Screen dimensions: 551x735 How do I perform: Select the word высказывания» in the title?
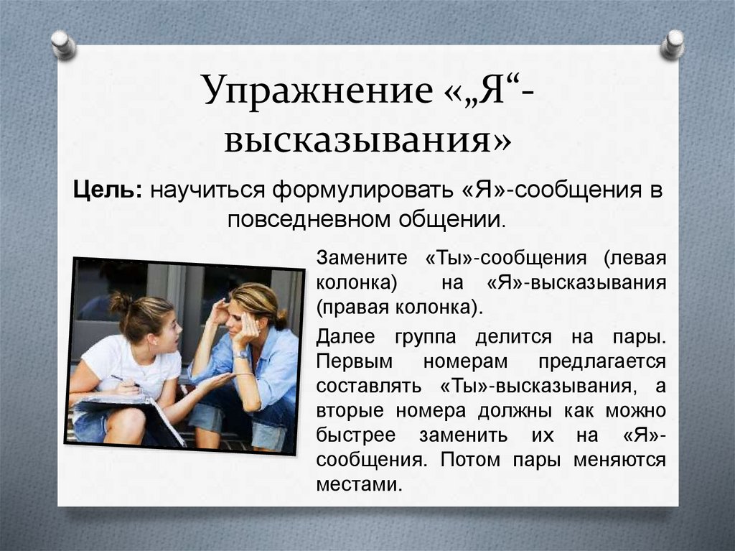point(367,140)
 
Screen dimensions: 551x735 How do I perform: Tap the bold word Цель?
point(109,191)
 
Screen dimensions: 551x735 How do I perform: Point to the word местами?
point(357,484)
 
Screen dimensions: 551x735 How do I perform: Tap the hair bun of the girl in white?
point(119,302)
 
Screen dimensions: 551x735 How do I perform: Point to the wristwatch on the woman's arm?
point(241,354)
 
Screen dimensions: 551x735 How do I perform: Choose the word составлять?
point(367,386)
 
